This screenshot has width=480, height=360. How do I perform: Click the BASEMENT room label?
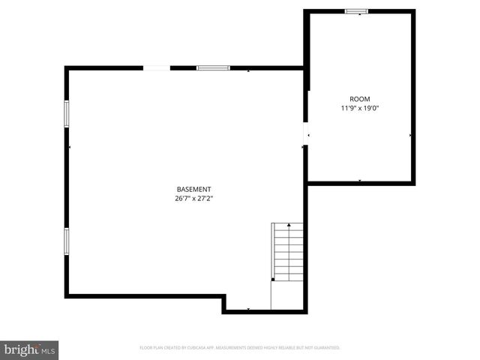click(x=193, y=189)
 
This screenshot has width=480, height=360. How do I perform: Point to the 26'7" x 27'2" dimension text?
click(x=193, y=199)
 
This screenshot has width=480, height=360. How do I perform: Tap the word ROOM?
click(x=359, y=99)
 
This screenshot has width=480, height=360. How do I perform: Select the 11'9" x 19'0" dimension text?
click(x=359, y=109)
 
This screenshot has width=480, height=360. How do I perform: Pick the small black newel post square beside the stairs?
click(x=273, y=279)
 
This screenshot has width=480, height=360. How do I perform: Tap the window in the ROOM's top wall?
click(x=356, y=11)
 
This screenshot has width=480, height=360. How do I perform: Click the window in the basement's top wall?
click(x=213, y=68)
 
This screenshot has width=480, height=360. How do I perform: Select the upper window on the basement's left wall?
click(x=67, y=113)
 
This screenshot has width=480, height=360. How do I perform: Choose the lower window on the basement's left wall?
click(x=67, y=241)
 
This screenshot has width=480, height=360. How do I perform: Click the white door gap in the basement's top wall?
click(x=157, y=68)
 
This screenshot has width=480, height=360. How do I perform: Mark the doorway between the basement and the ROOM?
click(x=305, y=133)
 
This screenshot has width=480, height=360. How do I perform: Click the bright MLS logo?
click(x=29, y=349)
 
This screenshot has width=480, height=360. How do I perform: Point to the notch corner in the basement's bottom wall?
click(x=223, y=297)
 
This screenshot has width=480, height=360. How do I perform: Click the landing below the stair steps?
click(x=287, y=294)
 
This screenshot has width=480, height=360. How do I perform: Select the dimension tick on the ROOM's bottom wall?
click(x=359, y=181)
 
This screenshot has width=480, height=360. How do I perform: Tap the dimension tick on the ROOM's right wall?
click(x=410, y=135)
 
